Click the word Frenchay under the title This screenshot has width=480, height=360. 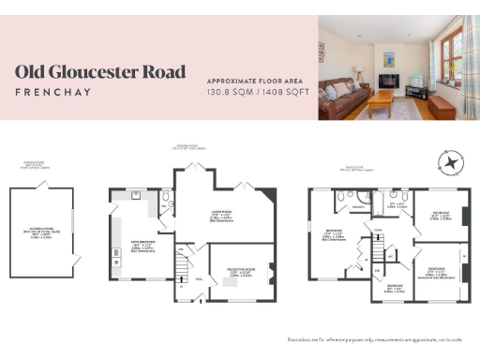53,92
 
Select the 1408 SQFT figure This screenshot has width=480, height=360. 281,94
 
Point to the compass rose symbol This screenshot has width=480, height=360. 451,162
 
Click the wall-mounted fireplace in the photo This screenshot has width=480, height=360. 385,80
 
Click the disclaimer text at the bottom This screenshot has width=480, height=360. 380,338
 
